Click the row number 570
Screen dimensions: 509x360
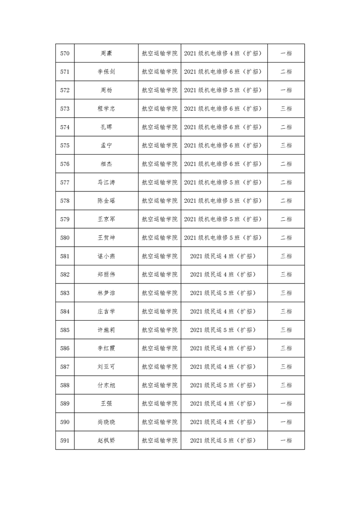pos(65,53)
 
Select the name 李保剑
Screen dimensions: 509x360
pos(106,72)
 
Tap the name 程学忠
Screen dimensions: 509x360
pos(106,108)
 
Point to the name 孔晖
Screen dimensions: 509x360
pos(106,127)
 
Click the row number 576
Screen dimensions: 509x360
pos(65,164)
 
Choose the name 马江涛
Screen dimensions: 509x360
pos(106,182)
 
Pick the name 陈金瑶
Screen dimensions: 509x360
pos(106,201)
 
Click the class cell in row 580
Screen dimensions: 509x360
pos(224,237)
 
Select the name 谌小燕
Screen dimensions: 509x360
pos(106,256)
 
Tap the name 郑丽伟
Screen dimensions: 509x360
pos(106,274)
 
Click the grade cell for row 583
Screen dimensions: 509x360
pos(286,293)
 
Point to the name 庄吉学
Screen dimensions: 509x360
pos(106,311)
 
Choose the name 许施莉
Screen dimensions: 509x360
pos(106,330)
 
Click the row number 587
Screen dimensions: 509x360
pos(65,367)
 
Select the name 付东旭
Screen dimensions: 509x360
pos(106,385)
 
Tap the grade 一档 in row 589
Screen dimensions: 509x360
pos(286,403)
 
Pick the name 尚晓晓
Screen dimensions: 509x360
pos(106,422)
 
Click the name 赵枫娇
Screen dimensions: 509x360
pos(106,440)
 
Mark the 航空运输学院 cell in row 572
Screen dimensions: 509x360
pos(159,90)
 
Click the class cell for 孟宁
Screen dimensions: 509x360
pos(224,145)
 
